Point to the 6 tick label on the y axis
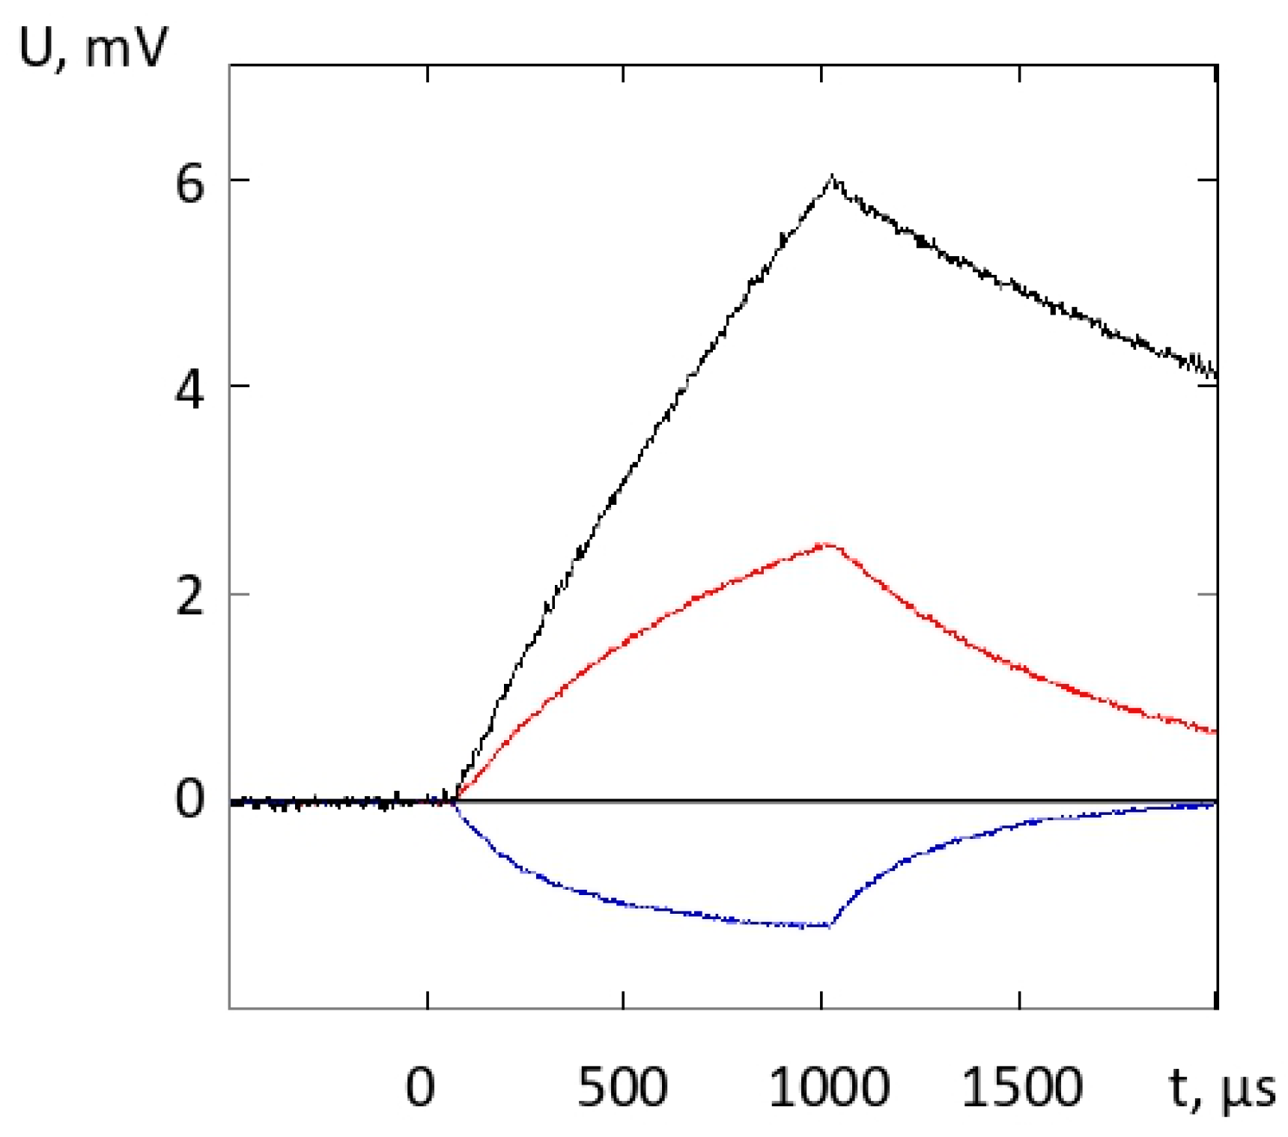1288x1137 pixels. (x=189, y=182)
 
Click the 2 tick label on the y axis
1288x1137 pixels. (x=189, y=596)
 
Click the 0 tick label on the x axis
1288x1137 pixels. (x=420, y=1087)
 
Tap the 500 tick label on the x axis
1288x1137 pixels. (x=623, y=1087)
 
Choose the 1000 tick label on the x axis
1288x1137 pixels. (x=830, y=1087)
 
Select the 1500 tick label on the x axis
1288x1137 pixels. (x=1022, y=1087)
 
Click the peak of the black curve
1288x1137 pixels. (x=832, y=177)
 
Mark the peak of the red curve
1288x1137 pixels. (x=824, y=545)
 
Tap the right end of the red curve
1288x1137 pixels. (x=1215, y=732)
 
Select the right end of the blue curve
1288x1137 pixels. (x=1215, y=804)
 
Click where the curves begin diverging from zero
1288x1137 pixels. (x=455, y=800)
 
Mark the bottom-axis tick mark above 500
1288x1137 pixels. (x=623, y=1001)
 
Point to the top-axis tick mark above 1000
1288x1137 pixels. (x=821, y=73)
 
